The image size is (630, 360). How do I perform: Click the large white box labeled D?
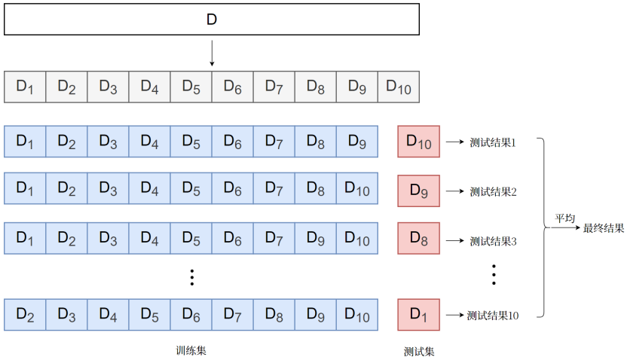click(x=211, y=20)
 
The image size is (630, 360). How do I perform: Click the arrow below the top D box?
click(x=212, y=53)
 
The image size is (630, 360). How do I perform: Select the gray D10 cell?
click(x=398, y=87)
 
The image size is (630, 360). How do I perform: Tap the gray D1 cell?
click(x=25, y=87)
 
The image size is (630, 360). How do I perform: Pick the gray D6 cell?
click(x=232, y=87)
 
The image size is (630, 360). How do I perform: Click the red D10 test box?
click(x=418, y=141)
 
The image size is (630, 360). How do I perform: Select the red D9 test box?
click(x=418, y=190)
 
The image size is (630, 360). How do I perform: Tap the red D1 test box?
click(x=418, y=314)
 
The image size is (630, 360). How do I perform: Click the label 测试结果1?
click(x=493, y=142)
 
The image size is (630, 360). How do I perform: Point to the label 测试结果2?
click(x=493, y=191)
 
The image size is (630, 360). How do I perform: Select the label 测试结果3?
click(x=493, y=241)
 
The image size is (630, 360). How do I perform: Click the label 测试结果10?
click(x=493, y=316)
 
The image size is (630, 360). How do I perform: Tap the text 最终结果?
click(x=604, y=227)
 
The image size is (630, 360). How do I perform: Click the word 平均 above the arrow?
click(x=565, y=218)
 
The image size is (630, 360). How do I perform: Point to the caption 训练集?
click(x=190, y=350)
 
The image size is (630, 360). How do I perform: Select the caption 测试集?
click(x=419, y=351)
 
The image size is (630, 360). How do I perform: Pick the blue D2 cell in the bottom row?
click(x=25, y=314)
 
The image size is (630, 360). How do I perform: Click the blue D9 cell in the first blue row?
click(x=356, y=141)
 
